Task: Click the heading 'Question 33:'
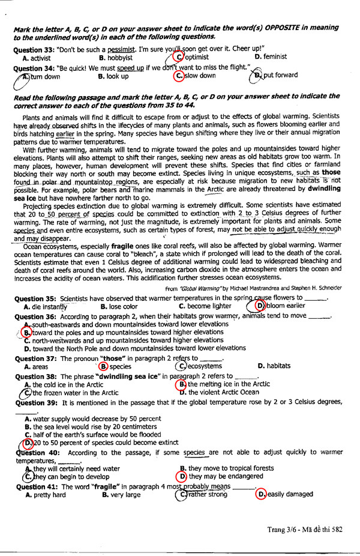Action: point(34,48)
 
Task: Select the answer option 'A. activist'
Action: point(36,58)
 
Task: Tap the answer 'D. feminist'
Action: point(271,56)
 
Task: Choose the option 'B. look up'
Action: point(114,76)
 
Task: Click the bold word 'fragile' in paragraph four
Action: point(125,246)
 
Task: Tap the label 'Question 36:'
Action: point(35,316)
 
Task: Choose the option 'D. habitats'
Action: point(274,365)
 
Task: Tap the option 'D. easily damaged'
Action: point(284,494)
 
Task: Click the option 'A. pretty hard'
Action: point(46,495)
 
